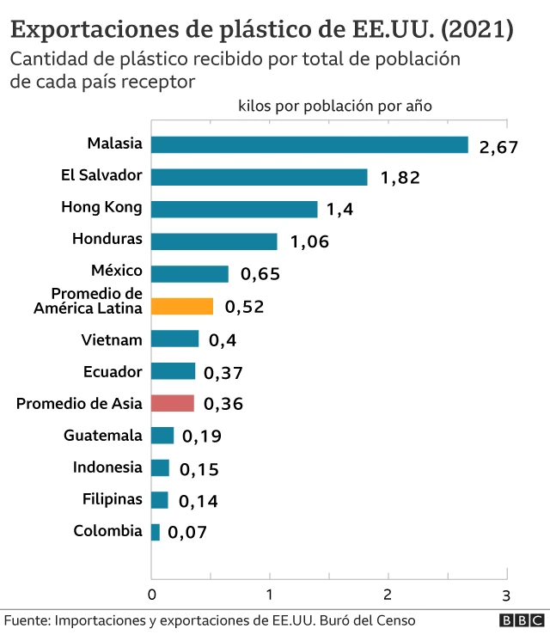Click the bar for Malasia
click(309, 144)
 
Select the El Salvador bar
click(259, 177)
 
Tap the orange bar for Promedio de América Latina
click(182, 307)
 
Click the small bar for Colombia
click(156, 532)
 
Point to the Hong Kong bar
click(234, 209)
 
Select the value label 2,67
click(498, 147)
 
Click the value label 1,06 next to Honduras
click(310, 242)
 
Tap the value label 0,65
click(260, 275)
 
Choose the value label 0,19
click(202, 437)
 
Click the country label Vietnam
click(112, 339)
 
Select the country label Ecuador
click(113, 371)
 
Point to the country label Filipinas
click(112, 499)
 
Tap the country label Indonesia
click(107, 467)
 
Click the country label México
click(117, 272)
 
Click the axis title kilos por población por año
click(334, 106)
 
